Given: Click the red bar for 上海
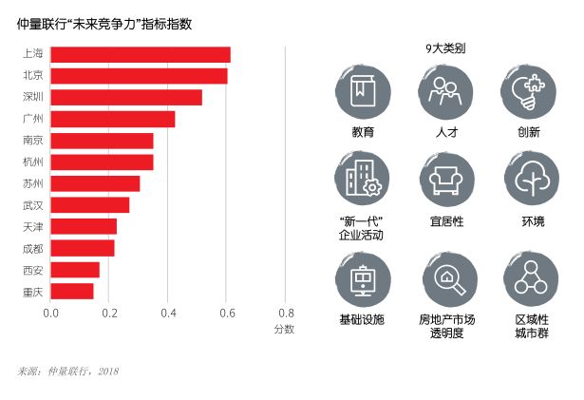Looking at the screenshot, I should (x=141, y=54).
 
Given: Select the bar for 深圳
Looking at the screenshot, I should (x=126, y=97).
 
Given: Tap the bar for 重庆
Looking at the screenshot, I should (x=72, y=291).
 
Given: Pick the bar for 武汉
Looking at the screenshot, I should (x=90, y=204).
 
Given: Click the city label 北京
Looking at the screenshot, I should (x=31, y=75).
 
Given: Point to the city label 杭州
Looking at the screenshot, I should (x=31, y=162).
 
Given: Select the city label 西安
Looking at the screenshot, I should (x=31, y=270).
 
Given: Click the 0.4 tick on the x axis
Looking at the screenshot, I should (x=168, y=313).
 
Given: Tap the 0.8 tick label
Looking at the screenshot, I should (x=286, y=313).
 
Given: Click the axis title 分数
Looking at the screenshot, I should (x=285, y=330).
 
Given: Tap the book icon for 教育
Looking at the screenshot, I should (x=363, y=92).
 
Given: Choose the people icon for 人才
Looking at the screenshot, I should (x=445, y=92).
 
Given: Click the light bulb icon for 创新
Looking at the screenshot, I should (x=529, y=92).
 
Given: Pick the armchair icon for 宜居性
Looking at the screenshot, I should (x=446, y=179).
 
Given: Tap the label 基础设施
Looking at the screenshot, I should (x=362, y=320).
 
